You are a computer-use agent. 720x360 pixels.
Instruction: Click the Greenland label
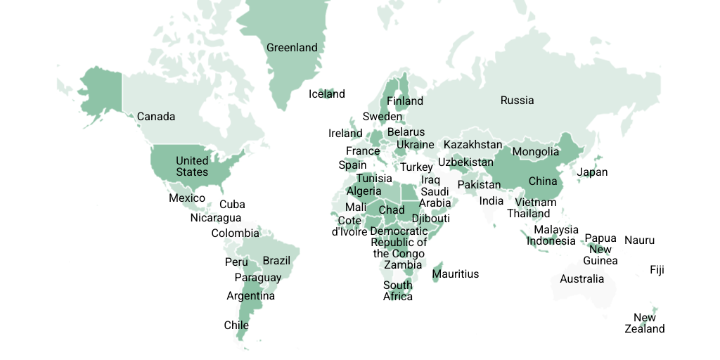[292, 48]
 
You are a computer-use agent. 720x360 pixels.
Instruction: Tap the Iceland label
[327, 94]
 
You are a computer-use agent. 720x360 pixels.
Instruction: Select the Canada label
[156, 117]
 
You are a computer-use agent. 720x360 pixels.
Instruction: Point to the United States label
[192, 167]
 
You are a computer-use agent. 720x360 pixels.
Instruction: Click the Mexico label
[187, 198]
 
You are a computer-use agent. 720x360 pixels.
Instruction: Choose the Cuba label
[232, 205]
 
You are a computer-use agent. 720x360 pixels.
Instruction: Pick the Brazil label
[276, 261]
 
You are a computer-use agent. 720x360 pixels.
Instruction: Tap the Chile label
[236, 326]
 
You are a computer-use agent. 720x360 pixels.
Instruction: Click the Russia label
[517, 101]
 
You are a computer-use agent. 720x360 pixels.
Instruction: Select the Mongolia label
[536, 152]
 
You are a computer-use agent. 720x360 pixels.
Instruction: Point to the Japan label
[592, 172]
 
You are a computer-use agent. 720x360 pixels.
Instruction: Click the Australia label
[581, 279]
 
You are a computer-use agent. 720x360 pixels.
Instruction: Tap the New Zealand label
[645, 323]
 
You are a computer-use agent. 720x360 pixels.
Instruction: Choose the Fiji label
[657, 270]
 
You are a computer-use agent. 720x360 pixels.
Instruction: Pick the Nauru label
[639, 240]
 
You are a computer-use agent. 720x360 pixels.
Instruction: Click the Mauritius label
[456, 274]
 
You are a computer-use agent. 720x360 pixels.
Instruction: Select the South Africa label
[398, 291]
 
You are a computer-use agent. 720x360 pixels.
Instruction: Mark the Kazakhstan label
[472, 145]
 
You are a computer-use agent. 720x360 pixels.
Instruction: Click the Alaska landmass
[98, 95]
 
